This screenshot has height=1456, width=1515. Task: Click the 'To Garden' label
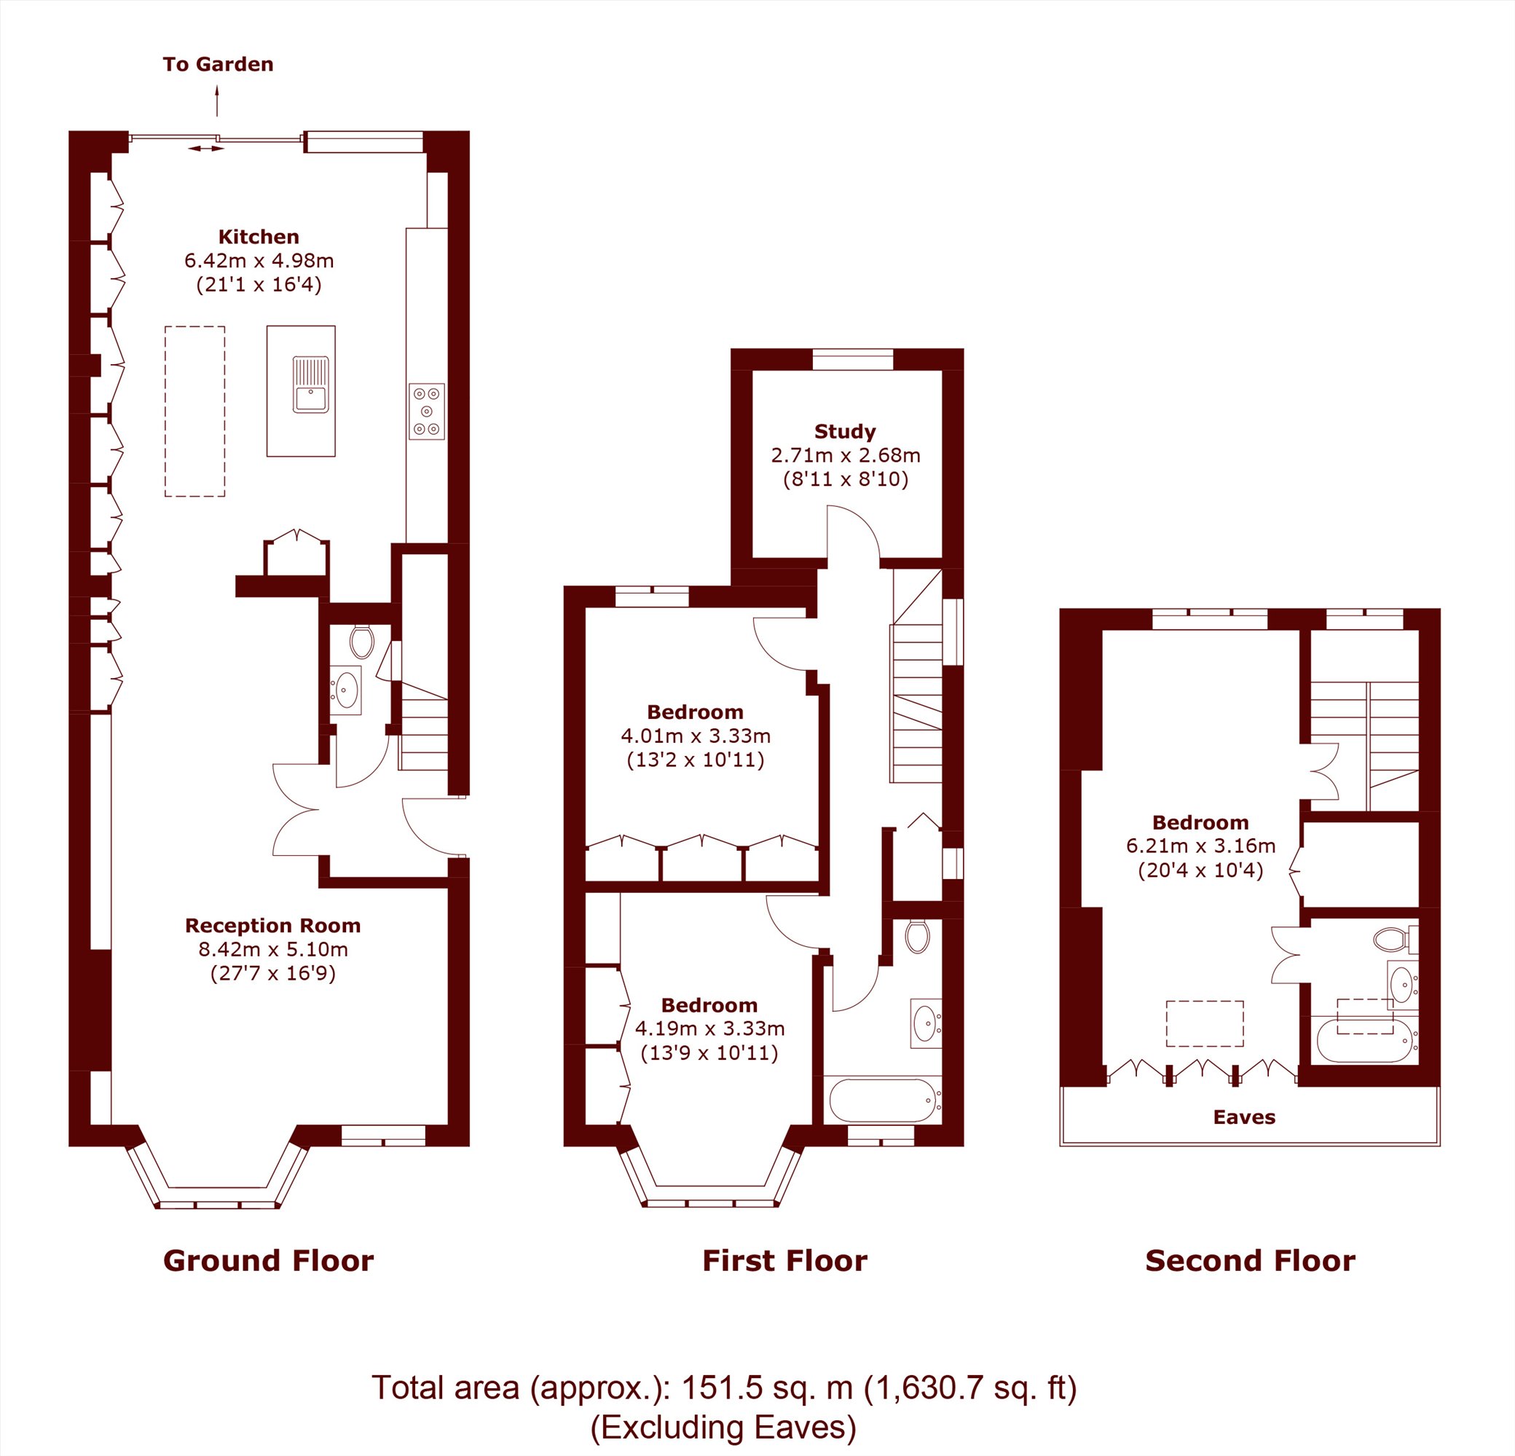coord(218,64)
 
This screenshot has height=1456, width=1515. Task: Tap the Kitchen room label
coord(258,237)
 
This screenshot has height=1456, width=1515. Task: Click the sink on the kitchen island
coord(311,384)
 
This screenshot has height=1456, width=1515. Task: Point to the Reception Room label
coord(273,925)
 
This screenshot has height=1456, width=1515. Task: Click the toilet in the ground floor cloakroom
coord(362,642)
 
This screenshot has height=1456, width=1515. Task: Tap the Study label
coord(845,432)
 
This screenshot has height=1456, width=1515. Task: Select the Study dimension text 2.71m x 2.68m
coord(846,455)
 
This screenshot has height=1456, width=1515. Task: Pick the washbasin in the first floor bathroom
coord(925,1024)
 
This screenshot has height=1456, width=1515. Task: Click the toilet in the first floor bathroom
coord(918,936)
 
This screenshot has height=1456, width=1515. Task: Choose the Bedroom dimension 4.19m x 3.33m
coord(709,1028)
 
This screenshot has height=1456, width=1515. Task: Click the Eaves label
coord(1245,1117)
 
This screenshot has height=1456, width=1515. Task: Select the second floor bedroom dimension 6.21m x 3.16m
coord(1200,846)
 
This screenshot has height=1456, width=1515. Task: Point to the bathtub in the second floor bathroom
coord(1366,1041)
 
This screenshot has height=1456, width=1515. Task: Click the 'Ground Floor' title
coord(268,1261)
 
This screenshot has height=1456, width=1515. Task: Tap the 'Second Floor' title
coord(1250,1261)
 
